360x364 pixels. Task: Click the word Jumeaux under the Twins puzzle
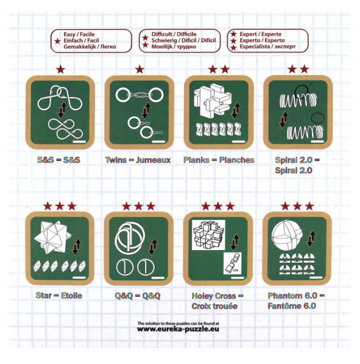click(x=153, y=160)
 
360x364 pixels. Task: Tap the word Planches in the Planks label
click(x=236, y=160)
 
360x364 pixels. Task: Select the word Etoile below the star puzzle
click(x=71, y=296)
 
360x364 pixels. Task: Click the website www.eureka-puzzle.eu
click(x=178, y=329)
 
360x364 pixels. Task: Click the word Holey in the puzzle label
click(x=202, y=296)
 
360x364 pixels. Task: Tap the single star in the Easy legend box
click(x=57, y=41)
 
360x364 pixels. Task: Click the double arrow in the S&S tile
click(x=62, y=110)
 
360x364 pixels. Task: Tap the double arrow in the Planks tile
click(x=236, y=110)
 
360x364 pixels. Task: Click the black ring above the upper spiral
click(x=301, y=91)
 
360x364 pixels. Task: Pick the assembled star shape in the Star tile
click(x=52, y=237)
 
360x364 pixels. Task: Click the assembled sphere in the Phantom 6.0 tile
click(x=287, y=235)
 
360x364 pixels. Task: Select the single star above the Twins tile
click(x=139, y=69)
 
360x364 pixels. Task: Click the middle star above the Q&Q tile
click(x=139, y=206)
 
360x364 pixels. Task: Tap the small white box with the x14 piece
click(x=232, y=263)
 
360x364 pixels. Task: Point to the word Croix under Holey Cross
click(x=201, y=306)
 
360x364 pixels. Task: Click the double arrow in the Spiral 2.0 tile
click(x=283, y=120)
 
